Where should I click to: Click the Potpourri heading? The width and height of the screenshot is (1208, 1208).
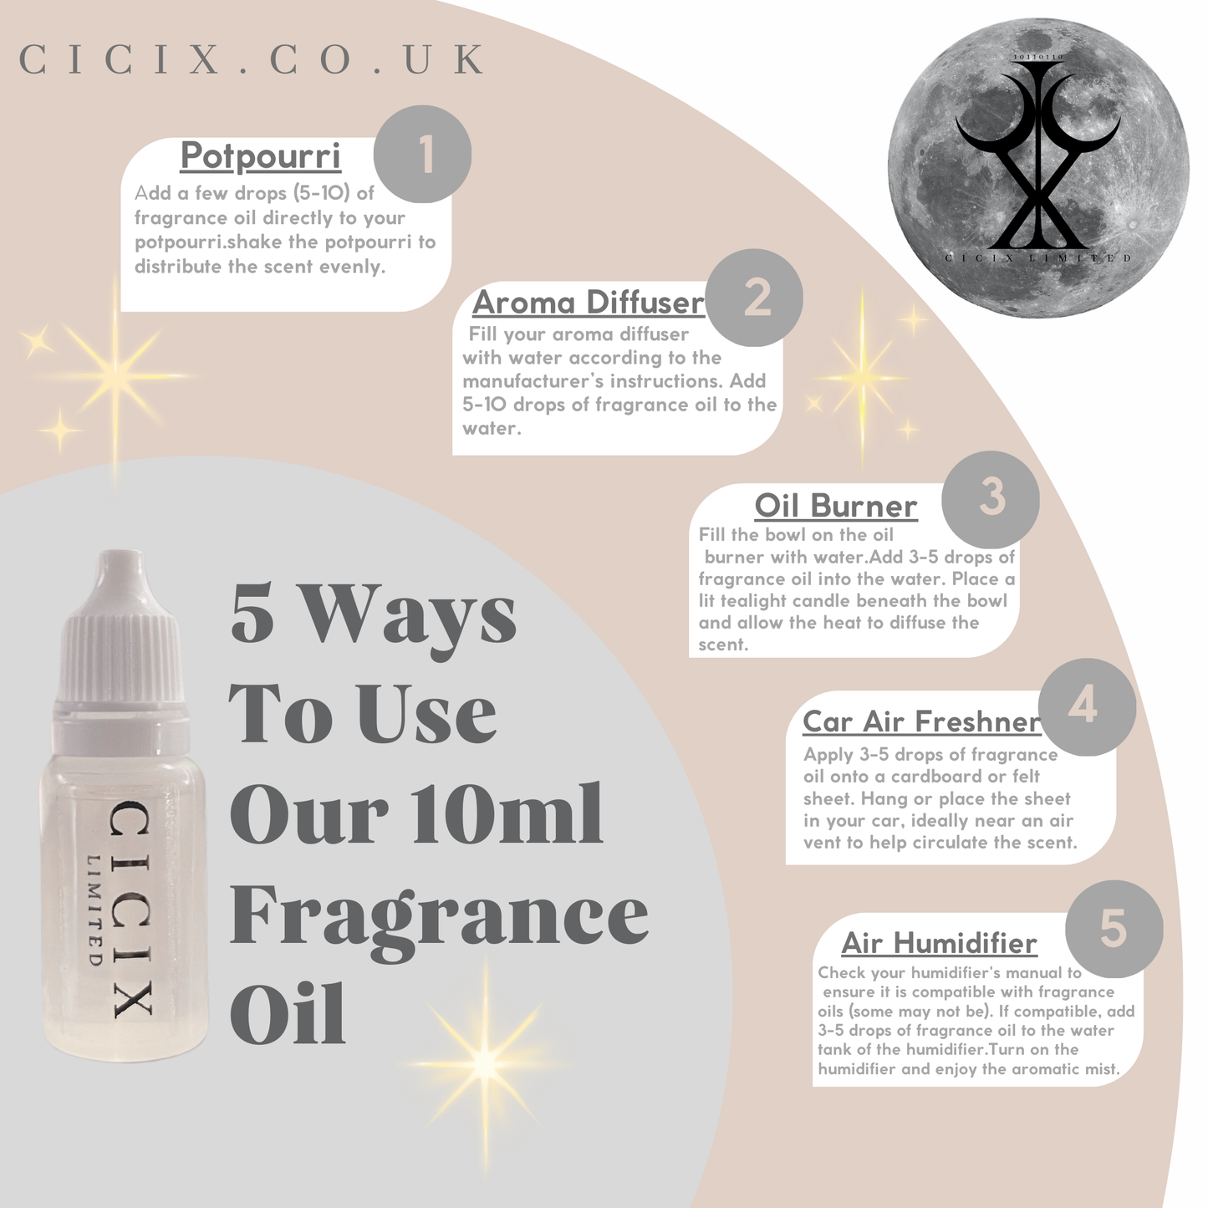[260, 155]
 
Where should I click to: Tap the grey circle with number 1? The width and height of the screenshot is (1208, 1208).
[422, 154]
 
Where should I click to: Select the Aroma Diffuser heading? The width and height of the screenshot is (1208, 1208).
[588, 302]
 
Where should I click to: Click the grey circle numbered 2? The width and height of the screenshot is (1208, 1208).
[754, 298]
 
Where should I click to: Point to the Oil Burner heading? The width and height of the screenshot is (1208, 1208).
[836, 505]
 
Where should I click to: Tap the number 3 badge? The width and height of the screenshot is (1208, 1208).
[991, 500]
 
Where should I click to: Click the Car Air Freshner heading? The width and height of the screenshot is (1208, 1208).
[921, 721]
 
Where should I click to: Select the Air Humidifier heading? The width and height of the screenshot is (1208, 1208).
[939, 943]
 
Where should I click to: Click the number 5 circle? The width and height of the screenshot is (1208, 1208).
[1114, 929]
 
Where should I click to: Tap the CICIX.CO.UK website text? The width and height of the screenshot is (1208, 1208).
[252, 59]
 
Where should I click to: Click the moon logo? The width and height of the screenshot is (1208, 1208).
[1038, 168]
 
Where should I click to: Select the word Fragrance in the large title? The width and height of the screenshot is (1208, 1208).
[440, 920]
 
